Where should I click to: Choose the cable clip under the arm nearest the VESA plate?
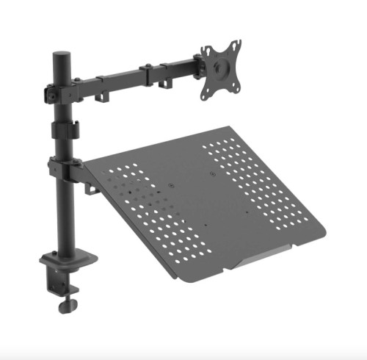(160, 84)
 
